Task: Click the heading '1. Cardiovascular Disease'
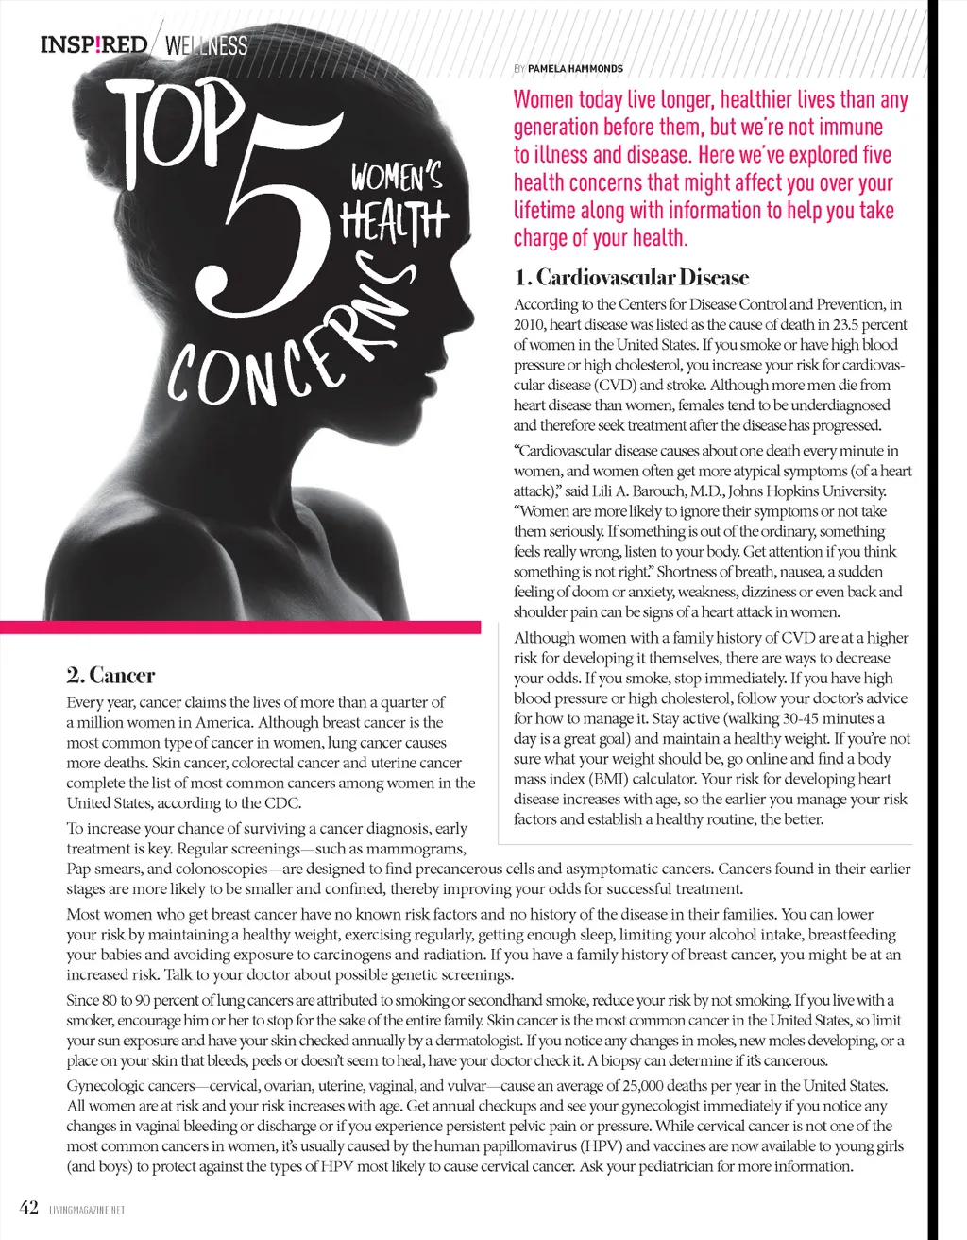click(x=631, y=278)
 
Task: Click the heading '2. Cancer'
click(x=110, y=676)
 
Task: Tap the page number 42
click(x=29, y=1208)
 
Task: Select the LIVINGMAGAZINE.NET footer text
click(x=86, y=1210)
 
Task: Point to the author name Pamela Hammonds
click(x=575, y=68)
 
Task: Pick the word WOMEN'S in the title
click(x=397, y=177)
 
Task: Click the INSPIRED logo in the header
click(x=93, y=44)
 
